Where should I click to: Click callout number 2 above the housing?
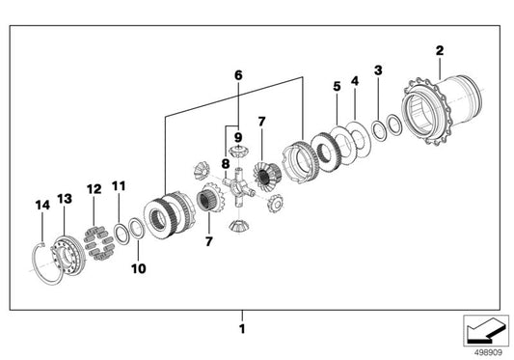click(440, 50)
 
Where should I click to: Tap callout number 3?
click(378, 70)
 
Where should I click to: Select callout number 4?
click(355, 81)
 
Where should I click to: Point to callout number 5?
click(337, 86)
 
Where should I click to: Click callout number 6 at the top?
click(238, 75)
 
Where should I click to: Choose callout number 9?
click(238, 137)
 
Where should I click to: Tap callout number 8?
click(226, 164)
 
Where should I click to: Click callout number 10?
click(138, 268)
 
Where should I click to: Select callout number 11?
click(119, 186)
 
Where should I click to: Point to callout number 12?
click(95, 189)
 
